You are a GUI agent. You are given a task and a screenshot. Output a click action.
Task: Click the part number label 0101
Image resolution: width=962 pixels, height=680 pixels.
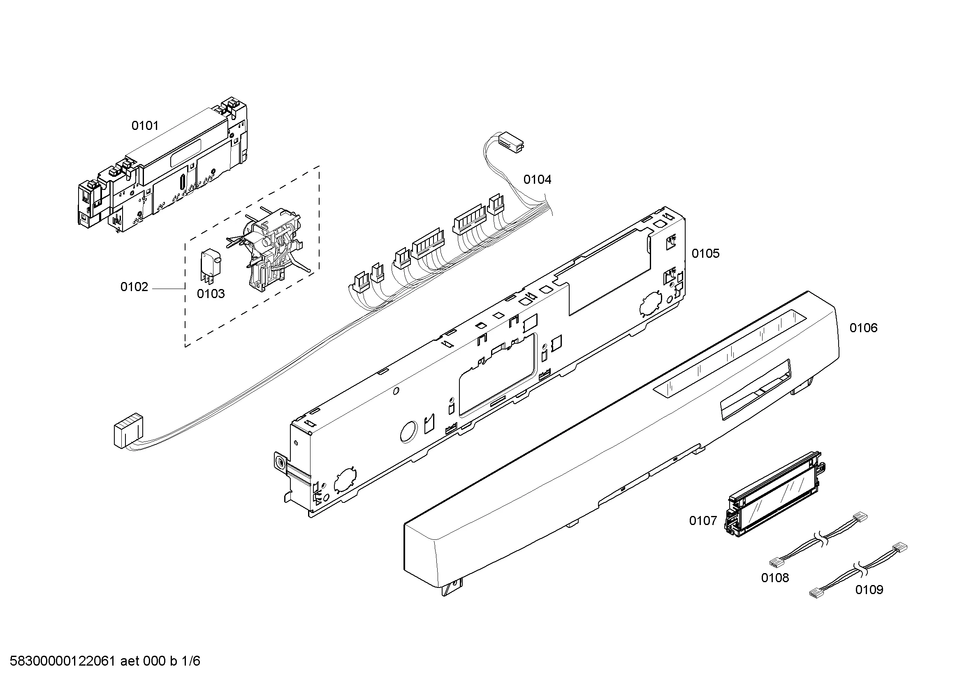tap(145, 126)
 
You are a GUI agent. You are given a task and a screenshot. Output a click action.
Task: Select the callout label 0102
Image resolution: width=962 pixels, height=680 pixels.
tap(134, 287)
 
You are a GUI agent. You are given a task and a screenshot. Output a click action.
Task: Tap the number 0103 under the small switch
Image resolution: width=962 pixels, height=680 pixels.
tap(211, 294)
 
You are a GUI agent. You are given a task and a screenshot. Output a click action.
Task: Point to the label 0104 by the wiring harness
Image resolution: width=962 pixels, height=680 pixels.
tap(537, 180)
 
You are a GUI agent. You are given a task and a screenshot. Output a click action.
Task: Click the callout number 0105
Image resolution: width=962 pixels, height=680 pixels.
tap(706, 253)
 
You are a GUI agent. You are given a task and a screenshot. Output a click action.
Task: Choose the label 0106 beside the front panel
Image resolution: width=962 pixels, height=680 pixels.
tap(864, 328)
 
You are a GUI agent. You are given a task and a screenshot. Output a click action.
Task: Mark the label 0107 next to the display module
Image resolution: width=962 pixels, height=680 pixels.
tap(703, 521)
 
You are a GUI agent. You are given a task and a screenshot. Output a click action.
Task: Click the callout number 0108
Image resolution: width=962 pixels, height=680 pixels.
tap(775, 578)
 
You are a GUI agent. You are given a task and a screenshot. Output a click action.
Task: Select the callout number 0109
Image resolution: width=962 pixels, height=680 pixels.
tap(869, 590)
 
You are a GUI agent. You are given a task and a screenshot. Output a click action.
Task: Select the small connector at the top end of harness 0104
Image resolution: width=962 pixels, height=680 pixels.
tap(512, 142)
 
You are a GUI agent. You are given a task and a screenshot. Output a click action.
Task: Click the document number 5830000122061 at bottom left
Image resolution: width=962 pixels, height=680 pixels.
tap(62, 661)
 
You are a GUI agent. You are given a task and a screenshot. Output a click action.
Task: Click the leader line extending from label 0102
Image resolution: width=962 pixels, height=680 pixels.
tap(169, 289)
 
